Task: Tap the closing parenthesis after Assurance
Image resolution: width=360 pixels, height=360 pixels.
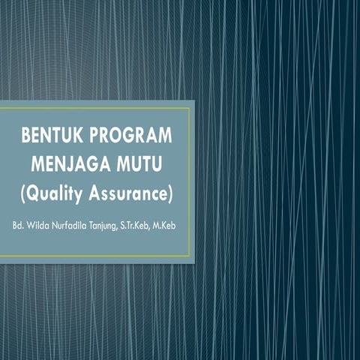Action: click(x=171, y=193)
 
